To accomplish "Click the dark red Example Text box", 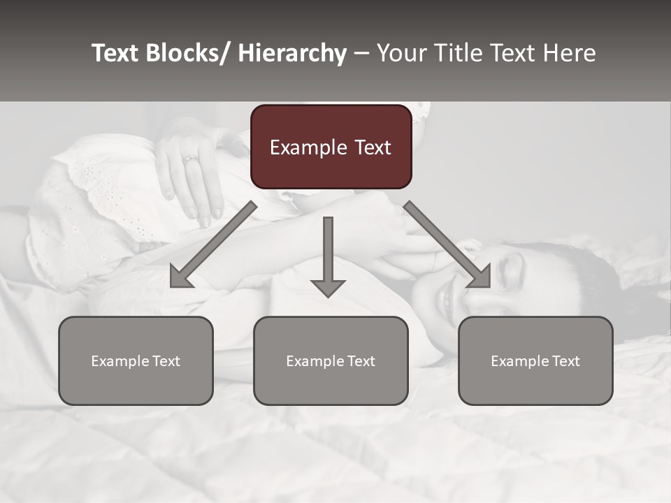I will pos(331,147).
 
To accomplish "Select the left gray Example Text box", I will pos(136,360).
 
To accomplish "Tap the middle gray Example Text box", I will pos(331,360).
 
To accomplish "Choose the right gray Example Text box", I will pos(535,360).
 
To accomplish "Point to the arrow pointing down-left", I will pos(213,245).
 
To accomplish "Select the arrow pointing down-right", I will pos(447,245).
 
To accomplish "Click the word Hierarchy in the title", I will pos(292,53).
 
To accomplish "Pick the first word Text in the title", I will pos(117,53).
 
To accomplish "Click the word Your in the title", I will pos(401,53).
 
